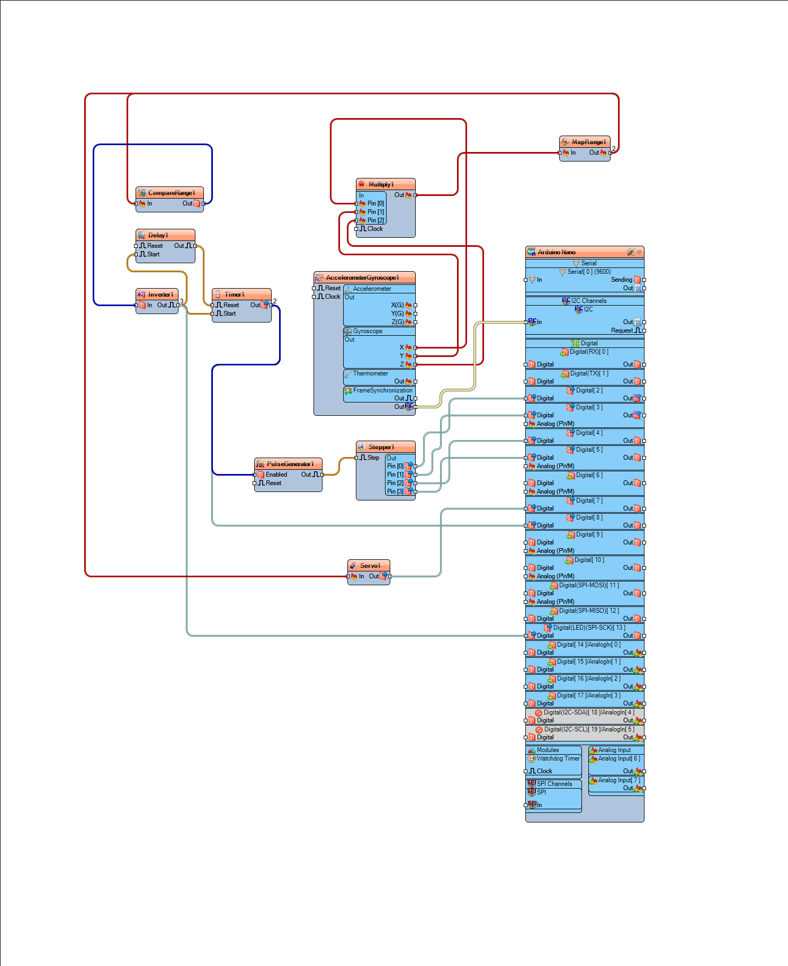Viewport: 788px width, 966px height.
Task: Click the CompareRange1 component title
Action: pos(171,193)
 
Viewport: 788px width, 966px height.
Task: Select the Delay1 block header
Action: pos(158,235)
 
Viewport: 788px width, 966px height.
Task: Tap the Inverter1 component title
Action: pos(160,294)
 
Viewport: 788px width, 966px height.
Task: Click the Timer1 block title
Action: pos(234,294)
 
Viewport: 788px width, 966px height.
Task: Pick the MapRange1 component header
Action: pos(588,142)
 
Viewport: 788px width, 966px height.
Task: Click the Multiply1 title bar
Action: pos(381,184)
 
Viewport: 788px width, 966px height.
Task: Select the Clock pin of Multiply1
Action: pos(374,229)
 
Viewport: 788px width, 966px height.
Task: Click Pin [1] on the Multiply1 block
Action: pos(375,212)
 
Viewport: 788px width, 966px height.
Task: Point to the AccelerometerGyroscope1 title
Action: pos(362,278)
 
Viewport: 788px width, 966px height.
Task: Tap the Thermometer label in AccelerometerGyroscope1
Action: pos(371,373)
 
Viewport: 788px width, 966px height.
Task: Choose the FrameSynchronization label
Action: pos(382,390)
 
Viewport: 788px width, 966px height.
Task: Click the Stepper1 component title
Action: pos(381,447)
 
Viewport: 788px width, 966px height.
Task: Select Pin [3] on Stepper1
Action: pos(395,491)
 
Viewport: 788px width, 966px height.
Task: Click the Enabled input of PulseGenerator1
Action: pos(276,475)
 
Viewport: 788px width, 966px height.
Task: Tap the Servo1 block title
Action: pos(370,566)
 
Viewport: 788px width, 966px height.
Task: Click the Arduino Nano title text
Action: pos(557,252)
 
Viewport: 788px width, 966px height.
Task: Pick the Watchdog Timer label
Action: pos(558,758)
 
